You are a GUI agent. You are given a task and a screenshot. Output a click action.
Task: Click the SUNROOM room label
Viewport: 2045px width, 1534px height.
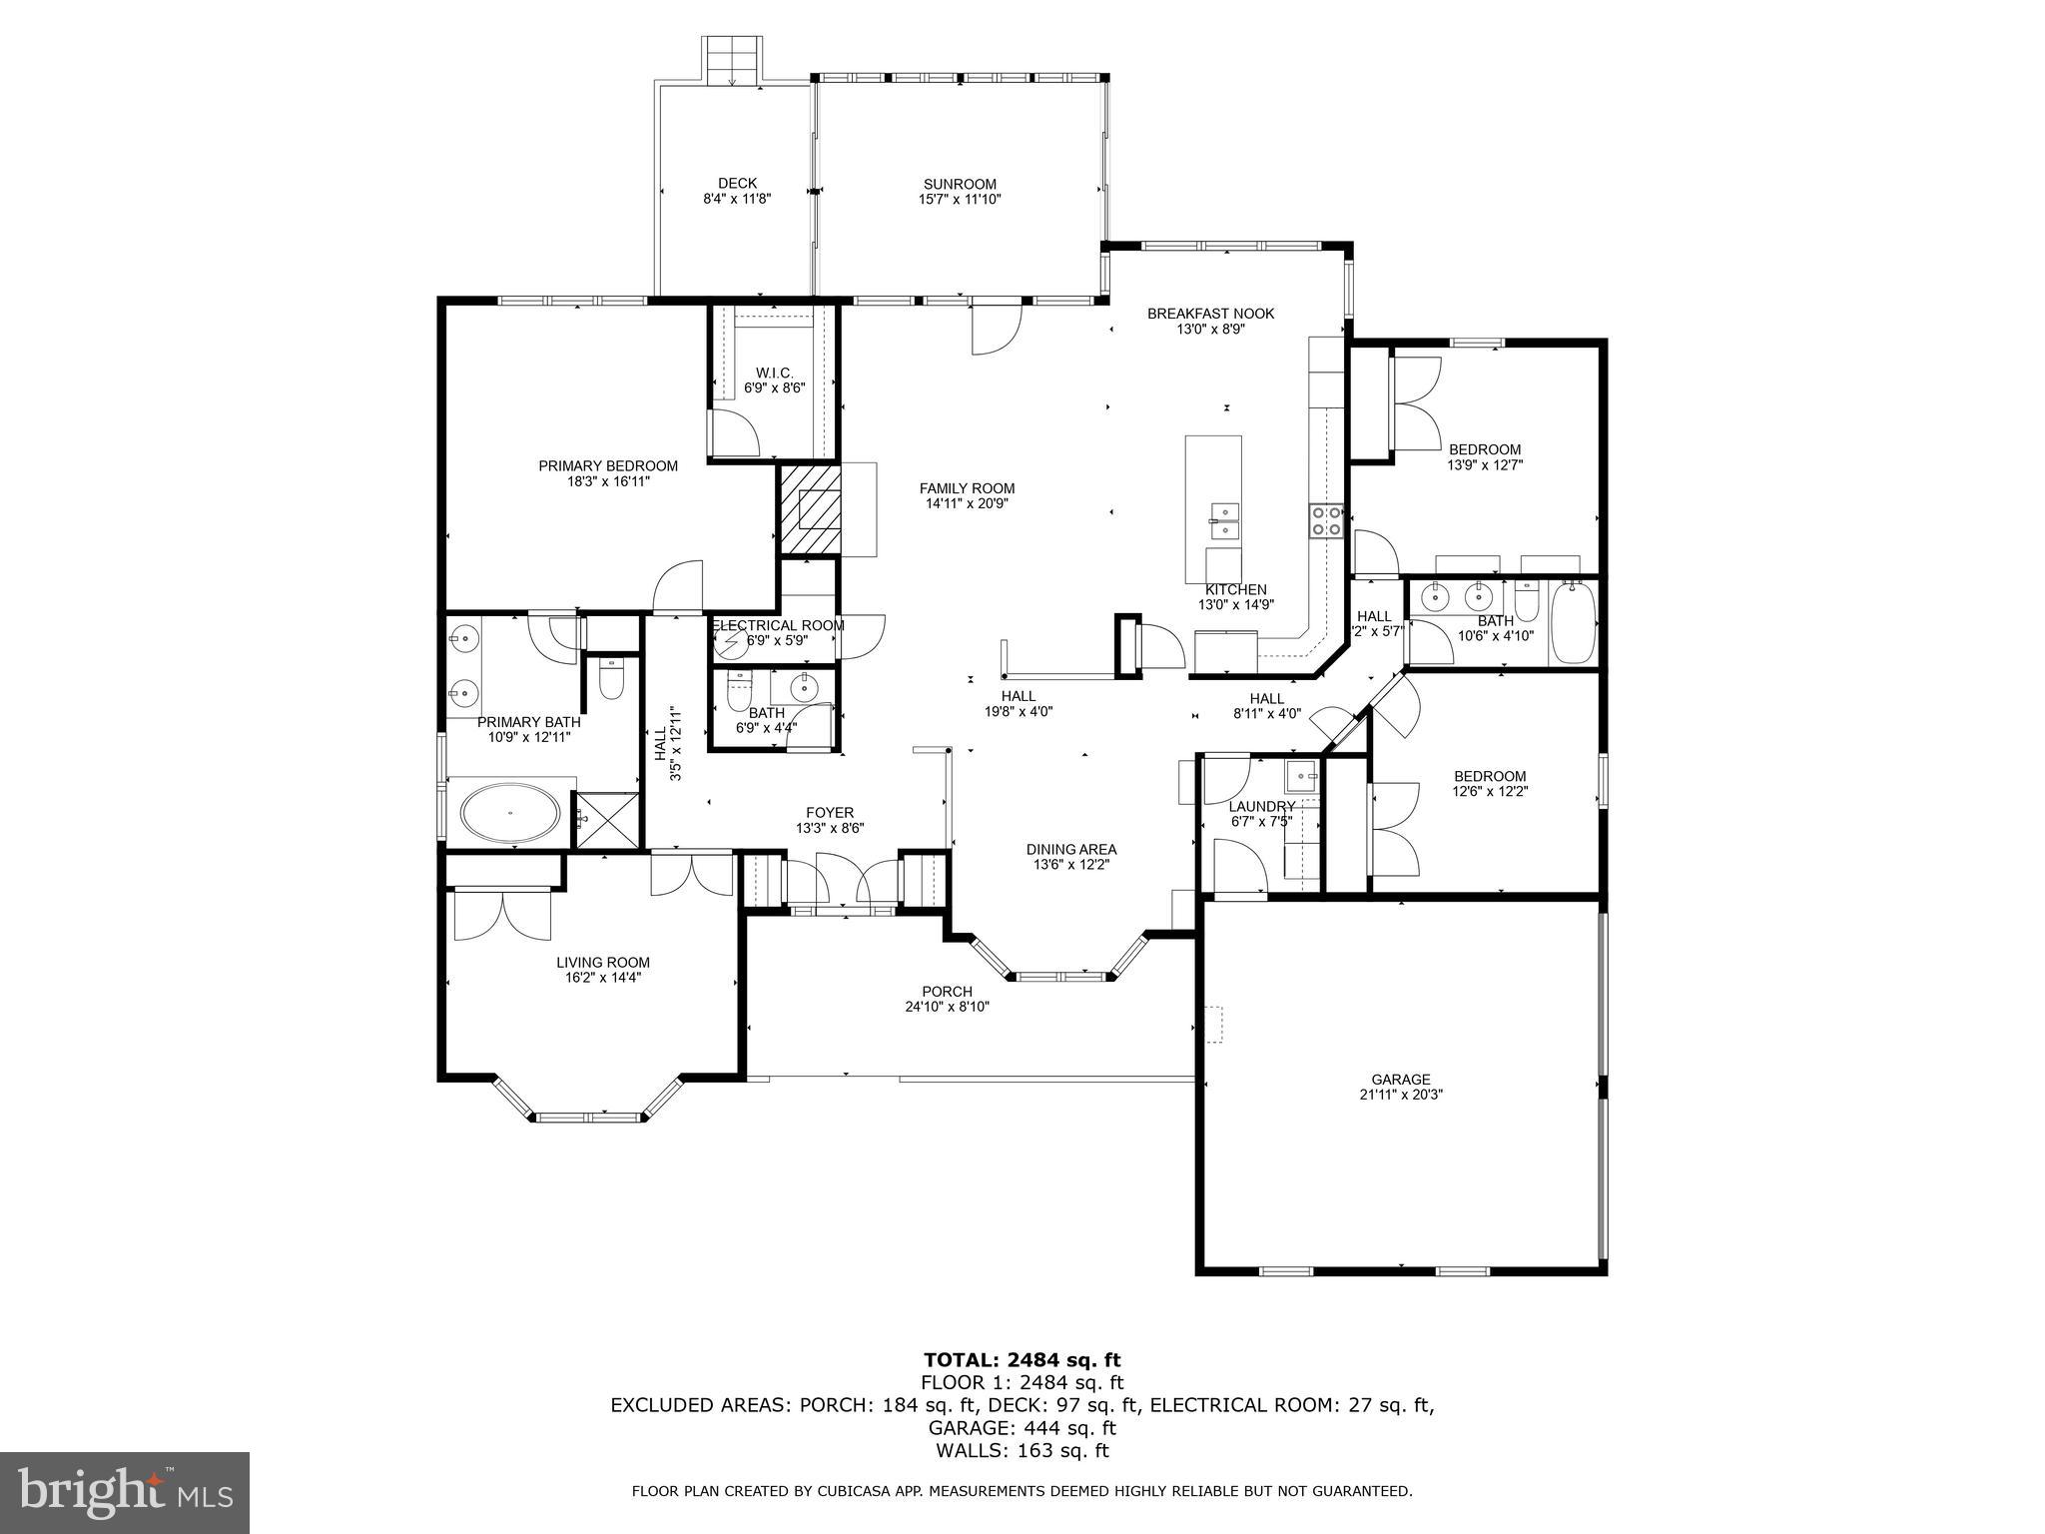click(x=960, y=184)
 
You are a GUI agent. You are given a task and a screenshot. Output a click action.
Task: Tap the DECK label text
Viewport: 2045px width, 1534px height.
click(x=737, y=183)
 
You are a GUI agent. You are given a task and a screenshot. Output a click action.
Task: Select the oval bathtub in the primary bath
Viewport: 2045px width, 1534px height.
click(x=509, y=813)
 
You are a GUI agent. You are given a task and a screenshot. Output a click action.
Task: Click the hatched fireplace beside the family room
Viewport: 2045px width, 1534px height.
click(x=810, y=508)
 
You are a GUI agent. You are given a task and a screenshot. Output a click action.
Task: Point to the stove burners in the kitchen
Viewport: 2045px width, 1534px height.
click(x=1326, y=520)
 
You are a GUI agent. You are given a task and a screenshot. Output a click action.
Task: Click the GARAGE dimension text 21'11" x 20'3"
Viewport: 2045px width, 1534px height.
click(x=1400, y=1094)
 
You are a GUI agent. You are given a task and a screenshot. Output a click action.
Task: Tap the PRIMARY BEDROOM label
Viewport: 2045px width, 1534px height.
click(x=608, y=465)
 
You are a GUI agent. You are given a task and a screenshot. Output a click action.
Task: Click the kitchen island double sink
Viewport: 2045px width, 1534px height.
click(x=1224, y=513)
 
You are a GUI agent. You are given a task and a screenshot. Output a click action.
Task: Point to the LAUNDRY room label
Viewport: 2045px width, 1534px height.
click(x=1262, y=806)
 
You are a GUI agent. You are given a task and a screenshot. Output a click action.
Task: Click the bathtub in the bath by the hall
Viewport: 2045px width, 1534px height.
click(x=1573, y=623)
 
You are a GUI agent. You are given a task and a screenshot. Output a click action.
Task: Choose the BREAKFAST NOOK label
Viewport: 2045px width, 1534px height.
click(x=1210, y=314)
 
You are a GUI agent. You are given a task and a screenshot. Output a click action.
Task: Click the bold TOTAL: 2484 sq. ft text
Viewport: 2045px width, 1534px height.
click(x=1022, y=1359)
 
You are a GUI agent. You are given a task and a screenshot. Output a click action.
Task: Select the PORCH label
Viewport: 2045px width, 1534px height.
click(x=947, y=992)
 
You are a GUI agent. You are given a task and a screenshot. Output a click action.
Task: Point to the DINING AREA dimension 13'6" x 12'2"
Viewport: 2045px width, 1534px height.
click(x=1070, y=865)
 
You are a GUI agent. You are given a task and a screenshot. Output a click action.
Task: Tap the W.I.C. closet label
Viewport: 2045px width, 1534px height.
click(x=774, y=373)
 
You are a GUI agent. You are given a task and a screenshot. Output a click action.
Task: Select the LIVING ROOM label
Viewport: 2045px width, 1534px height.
click(x=603, y=963)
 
